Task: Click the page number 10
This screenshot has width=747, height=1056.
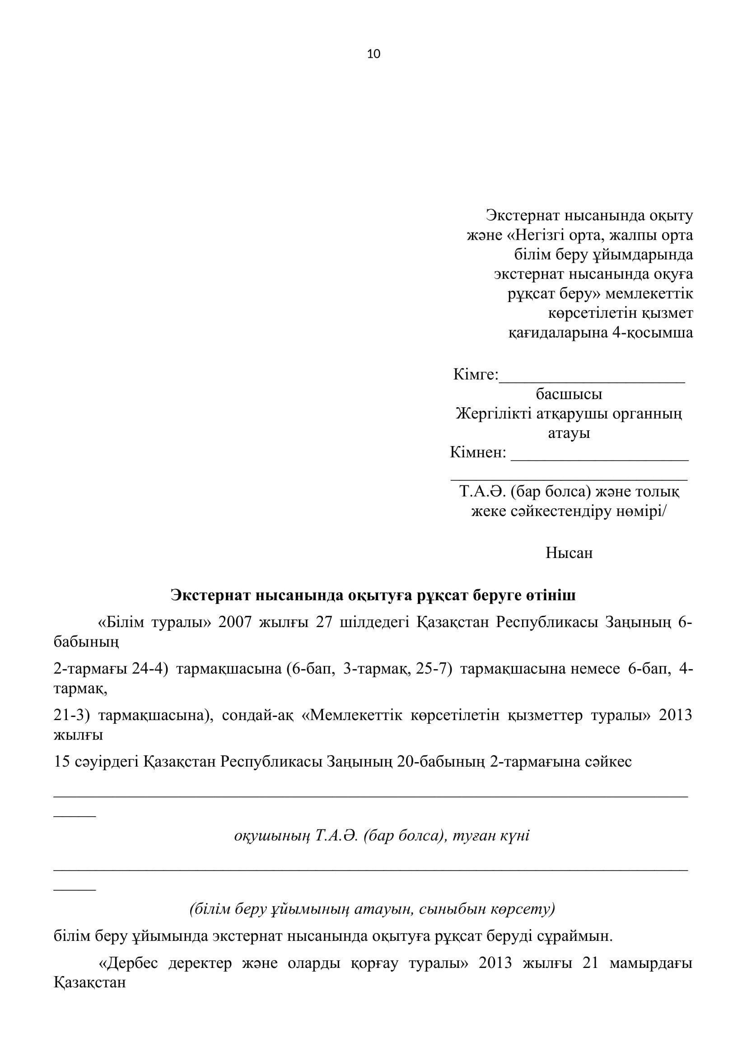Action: coord(373,54)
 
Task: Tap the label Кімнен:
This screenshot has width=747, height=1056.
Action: coord(477,453)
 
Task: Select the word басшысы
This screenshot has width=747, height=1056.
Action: coord(569,395)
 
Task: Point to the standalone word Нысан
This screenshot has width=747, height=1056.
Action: coord(569,553)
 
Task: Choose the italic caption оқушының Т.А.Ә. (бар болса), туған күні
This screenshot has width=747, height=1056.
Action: coord(381,835)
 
